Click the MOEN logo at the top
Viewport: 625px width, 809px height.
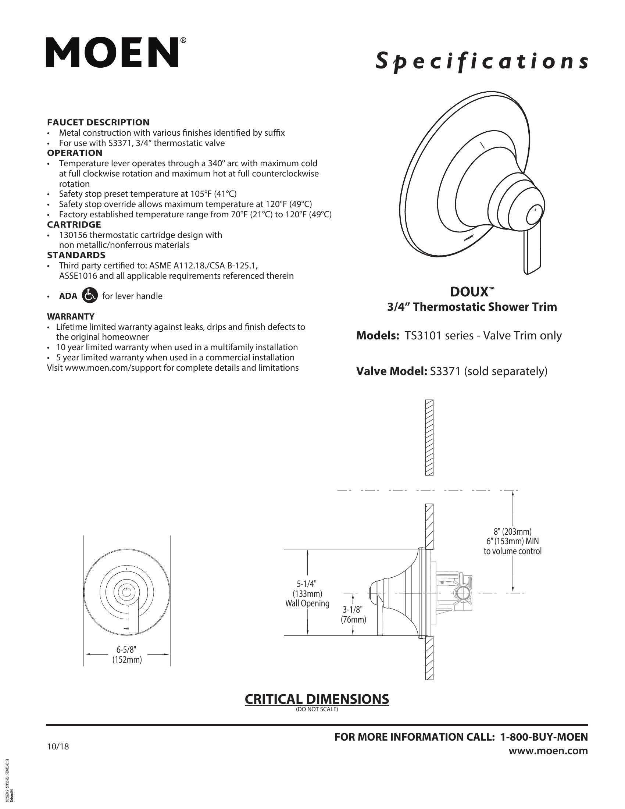point(112,52)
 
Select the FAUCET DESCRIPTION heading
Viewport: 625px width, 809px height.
point(98,122)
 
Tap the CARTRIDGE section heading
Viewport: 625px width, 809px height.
point(74,224)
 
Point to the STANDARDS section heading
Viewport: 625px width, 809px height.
point(76,255)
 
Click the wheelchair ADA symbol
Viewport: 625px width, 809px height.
point(89,296)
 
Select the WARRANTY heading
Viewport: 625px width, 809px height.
point(70,316)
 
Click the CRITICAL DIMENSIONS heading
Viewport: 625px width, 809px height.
point(317,699)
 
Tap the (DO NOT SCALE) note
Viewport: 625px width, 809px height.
point(317,709)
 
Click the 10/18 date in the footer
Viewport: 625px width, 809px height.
point(58,746)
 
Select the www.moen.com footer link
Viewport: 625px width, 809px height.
point(548,751)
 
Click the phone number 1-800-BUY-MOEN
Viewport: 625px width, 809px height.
point(543,737)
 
